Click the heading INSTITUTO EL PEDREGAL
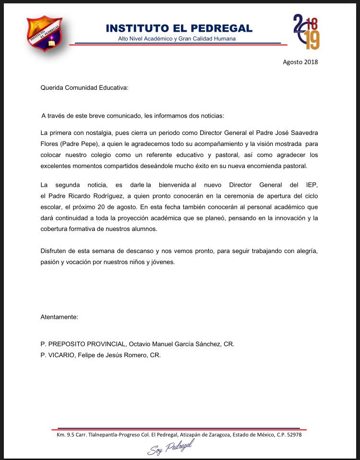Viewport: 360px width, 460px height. pyautogui.click(x=179, y=28)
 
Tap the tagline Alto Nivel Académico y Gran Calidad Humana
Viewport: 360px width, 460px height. pyautogui.click(x=177, y=38)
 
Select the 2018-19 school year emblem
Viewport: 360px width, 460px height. pyautogui.click(x=306, y=32)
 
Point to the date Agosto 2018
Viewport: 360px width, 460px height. pyautogui.click(x=300, y=62)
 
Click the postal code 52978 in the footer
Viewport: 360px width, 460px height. pyautogui.click(x=293, y=435)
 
